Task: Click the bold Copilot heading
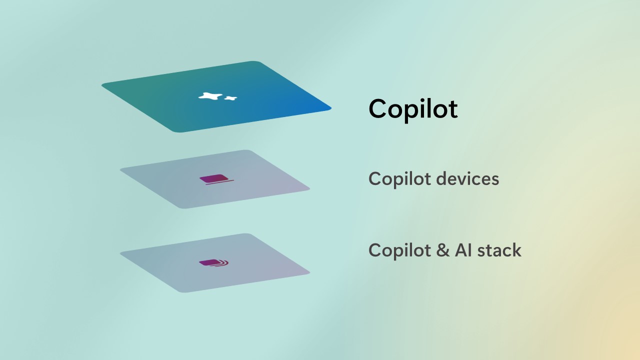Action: [x=413, y=109]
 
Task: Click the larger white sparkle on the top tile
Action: [x=210, y=96]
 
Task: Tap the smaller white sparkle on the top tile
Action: [x=230, y=98]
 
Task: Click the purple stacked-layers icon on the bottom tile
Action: [x=213, y=263]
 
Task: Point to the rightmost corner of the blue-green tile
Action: [x=331, y=108]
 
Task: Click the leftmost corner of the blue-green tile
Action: [x=102, y=84]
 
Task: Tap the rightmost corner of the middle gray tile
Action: [x=309, y=188]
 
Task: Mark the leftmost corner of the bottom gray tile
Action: [x=120, y=253]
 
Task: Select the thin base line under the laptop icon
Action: [x=219, y=182]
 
